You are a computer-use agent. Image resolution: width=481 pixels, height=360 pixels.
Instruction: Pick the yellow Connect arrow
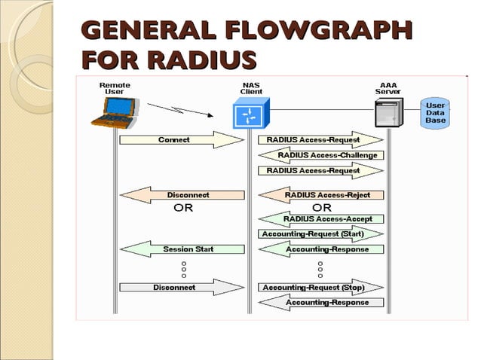tap(179, 140)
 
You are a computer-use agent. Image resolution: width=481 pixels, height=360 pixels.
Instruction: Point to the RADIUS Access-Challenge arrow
tap(321, 155)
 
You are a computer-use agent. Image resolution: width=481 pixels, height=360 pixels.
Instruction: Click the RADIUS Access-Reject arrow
tap(321, 195)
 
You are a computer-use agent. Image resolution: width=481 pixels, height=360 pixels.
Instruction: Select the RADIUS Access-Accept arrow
tap(321, 219)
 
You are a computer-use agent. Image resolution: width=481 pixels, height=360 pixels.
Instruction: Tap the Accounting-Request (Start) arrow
tap(321, 234)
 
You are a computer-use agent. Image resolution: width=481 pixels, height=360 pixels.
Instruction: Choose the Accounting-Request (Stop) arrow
tap(321, 288)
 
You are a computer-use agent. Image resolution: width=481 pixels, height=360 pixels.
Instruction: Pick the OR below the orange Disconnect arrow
tap(183, 209)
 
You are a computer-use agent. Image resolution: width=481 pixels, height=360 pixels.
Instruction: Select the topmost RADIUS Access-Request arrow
tap(321, 140)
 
